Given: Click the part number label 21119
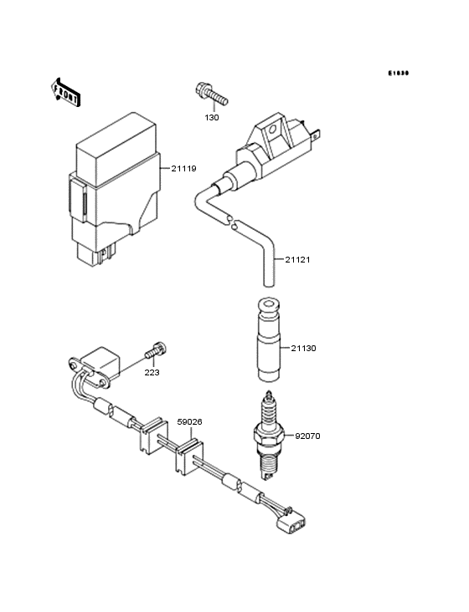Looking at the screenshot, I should tap(183, 169).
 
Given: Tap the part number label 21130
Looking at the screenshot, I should tap(304, 347).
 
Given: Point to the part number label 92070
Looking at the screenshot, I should tap(307, 436).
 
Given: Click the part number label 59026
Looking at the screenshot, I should tap(188, 422).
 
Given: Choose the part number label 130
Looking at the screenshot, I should tap(212, 117).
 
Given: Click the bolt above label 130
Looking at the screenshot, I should tap(210, 94).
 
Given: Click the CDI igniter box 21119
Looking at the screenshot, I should tap(118, 188).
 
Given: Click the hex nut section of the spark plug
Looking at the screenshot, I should tap(268, 436).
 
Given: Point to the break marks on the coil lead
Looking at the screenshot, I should tap(233, 222).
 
